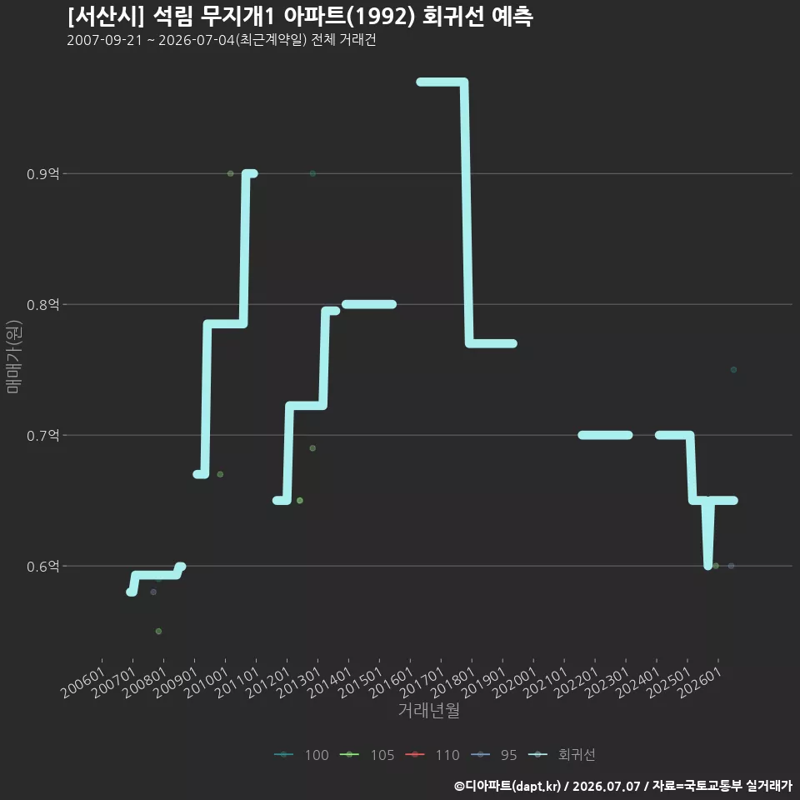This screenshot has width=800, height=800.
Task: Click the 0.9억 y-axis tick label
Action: click(x=42, y=174)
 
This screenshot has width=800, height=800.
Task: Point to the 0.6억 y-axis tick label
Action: click(x=42, y=567)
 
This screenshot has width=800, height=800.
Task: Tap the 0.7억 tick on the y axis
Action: click(x=42, y=435)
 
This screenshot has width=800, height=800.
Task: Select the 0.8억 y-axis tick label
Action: click(x=42, y=305)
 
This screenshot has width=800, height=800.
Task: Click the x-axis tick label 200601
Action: click(x=83, y=682)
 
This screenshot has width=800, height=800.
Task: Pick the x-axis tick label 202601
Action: click(x=700, y=682)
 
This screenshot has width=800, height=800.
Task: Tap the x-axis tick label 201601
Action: click(x=392, y=682)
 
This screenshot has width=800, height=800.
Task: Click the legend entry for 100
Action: click(x=302, y=755)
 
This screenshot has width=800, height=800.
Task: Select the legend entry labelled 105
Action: click(x=367, y=755)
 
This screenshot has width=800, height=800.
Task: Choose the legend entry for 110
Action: click(x=432, y=755)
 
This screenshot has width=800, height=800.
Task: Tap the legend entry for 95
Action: click(x=494, y=755)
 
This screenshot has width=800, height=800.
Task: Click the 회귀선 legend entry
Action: click(x=562, y=755)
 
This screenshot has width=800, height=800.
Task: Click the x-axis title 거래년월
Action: click(x=428, y=710)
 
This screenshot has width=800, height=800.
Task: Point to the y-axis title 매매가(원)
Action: click(x=13, y=357)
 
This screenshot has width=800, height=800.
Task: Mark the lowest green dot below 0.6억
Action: click(x=158, y=631)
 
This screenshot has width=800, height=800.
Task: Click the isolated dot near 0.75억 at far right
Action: click(x=733, y=370)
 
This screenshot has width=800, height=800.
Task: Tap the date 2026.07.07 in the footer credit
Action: click(x=606, y=786)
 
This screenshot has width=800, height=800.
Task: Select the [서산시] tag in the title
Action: click(x=106, y=17)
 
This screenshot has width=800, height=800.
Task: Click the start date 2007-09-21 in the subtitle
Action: click(x=105, y=40)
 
